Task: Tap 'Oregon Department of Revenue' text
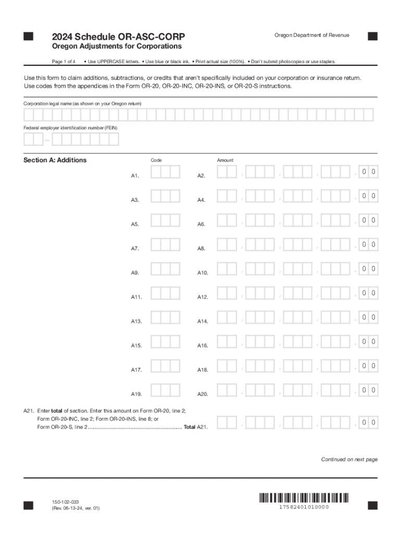pyautogui.click(x=311, y=35)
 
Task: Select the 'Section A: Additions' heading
pyautogui.click(x=55, y=160)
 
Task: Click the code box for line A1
pyautogui.click(x=166, y=173)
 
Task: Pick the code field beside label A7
pyautogui.click(x=166, y=245)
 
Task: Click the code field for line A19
pyautogui.click(x=166, y=391)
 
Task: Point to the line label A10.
pyautogui.click(x=203, y=273)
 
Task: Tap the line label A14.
pyautogui.click(x=203, y=322)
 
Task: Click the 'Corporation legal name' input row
pyautogui.click(x=198, y=115)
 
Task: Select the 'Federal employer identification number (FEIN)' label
pyautogui.click(x=70, y=128)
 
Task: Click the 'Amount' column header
pyautogui.click(x=225, y=161)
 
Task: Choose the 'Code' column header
pyautogui.click(x=156, y=161)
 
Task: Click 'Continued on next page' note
pyautogui.click(x=349, y=459)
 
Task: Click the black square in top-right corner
pyautogui.click(x=372, y=36)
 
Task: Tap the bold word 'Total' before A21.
pyautogui.click(x=190, y=427)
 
